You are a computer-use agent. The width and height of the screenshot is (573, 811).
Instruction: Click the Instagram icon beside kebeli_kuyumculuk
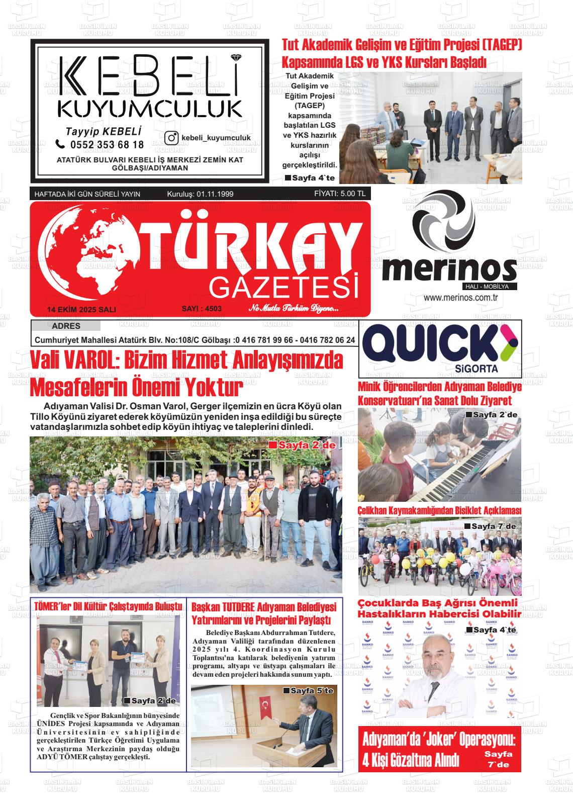pos(172,138)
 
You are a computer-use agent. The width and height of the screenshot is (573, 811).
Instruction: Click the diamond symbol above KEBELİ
pos(232,57)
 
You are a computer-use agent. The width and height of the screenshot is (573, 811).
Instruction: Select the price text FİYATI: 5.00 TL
pos(340,193)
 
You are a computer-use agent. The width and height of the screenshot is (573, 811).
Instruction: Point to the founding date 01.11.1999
pos(215,194)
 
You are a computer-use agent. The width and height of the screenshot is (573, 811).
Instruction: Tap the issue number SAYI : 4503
pos(202,309)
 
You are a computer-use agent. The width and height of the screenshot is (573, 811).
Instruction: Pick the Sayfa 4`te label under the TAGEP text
pos(310,178)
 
